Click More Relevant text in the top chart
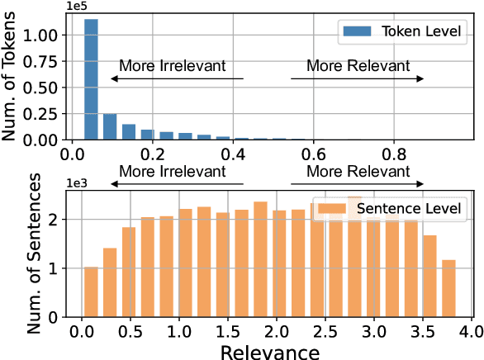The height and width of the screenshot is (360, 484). (357, 65)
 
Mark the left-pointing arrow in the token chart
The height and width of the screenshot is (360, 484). (177, 78)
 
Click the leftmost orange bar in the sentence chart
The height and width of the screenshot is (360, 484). (91, 292)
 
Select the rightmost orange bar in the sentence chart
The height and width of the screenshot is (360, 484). (448, 288)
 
